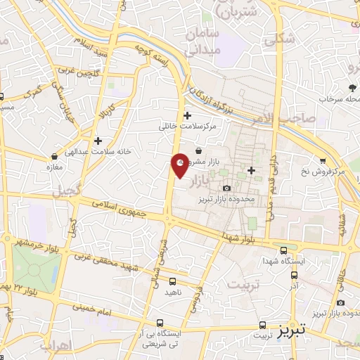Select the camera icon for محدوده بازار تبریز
(226, 188)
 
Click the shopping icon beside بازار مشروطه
(199, 150)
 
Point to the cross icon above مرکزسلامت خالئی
(186, 115)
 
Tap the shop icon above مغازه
(54, 156)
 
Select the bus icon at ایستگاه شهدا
(283, 250)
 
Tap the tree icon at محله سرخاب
(352, 87)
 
